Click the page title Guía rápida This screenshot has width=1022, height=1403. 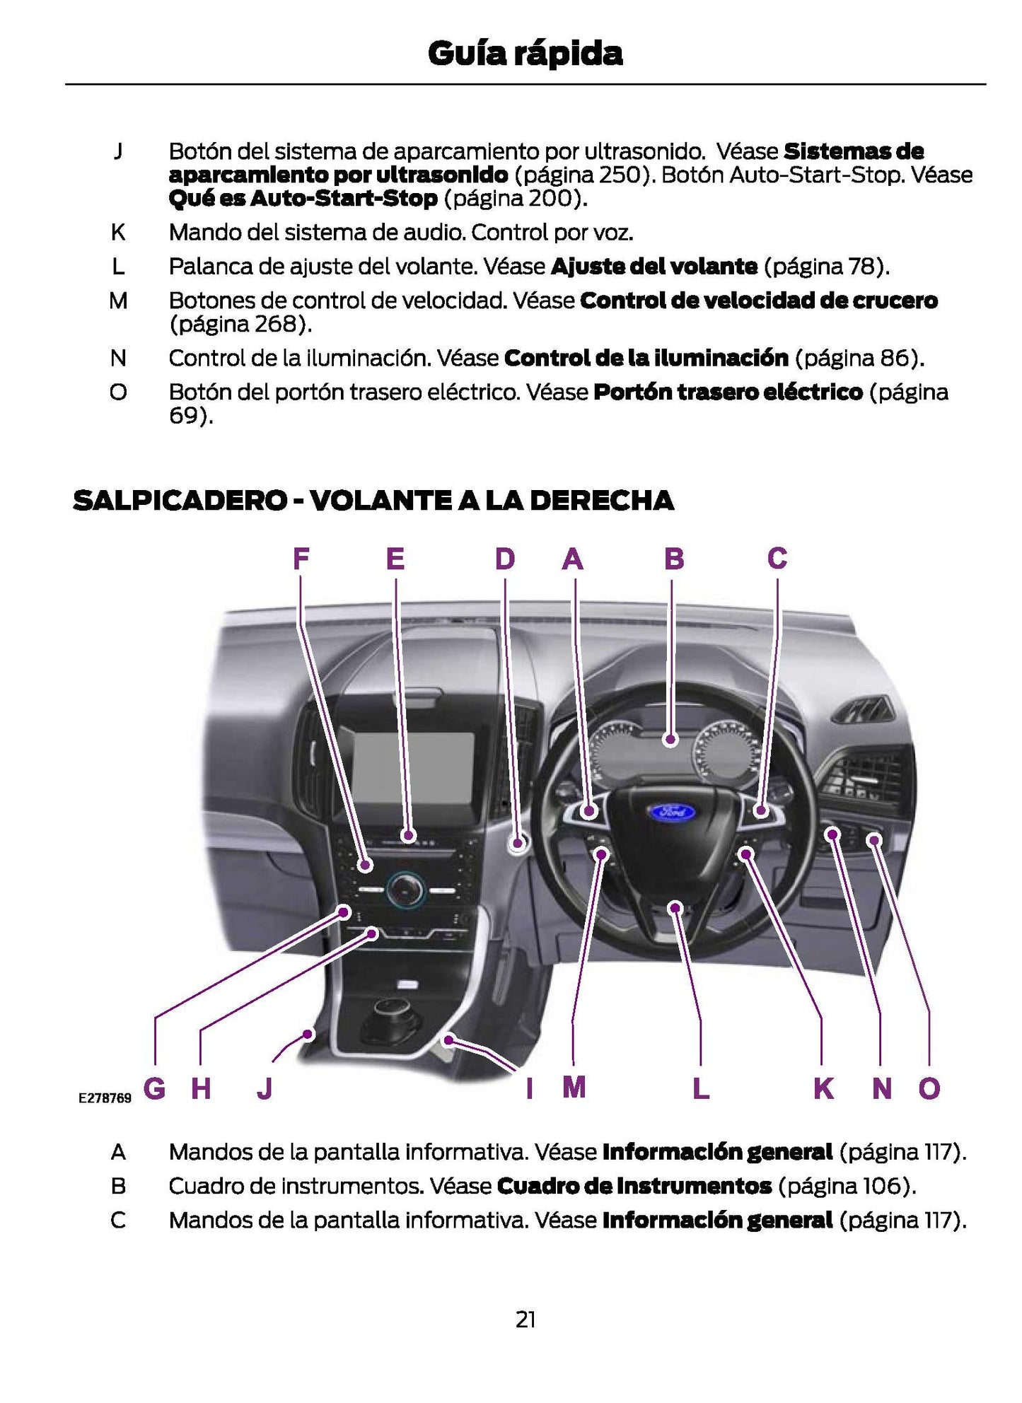(525, 54)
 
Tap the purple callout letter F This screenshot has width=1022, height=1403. (301, 559)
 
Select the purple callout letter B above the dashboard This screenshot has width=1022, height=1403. (673, 559)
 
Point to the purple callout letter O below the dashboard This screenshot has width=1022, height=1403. (929, 1088)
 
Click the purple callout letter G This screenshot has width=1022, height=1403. (154, 1088)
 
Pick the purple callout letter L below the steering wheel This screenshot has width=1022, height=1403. (700, 1088)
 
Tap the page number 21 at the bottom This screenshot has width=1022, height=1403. (525, 1320)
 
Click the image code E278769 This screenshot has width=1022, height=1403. (105, 1098)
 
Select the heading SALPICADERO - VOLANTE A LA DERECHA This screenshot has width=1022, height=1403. (373, 501)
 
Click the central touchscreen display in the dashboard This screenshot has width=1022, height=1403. (413, 767)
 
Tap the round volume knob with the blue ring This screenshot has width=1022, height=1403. (406, 889)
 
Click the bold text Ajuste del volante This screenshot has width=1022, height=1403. (654, 267)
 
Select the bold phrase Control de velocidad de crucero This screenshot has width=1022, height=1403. (758, 301)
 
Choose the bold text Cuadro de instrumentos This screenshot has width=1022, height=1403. (634, 1186)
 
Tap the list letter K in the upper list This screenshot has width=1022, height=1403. (118, 232)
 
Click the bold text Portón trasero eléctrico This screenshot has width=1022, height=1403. (728, 392)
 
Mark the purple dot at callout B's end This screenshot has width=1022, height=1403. (671, 740)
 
